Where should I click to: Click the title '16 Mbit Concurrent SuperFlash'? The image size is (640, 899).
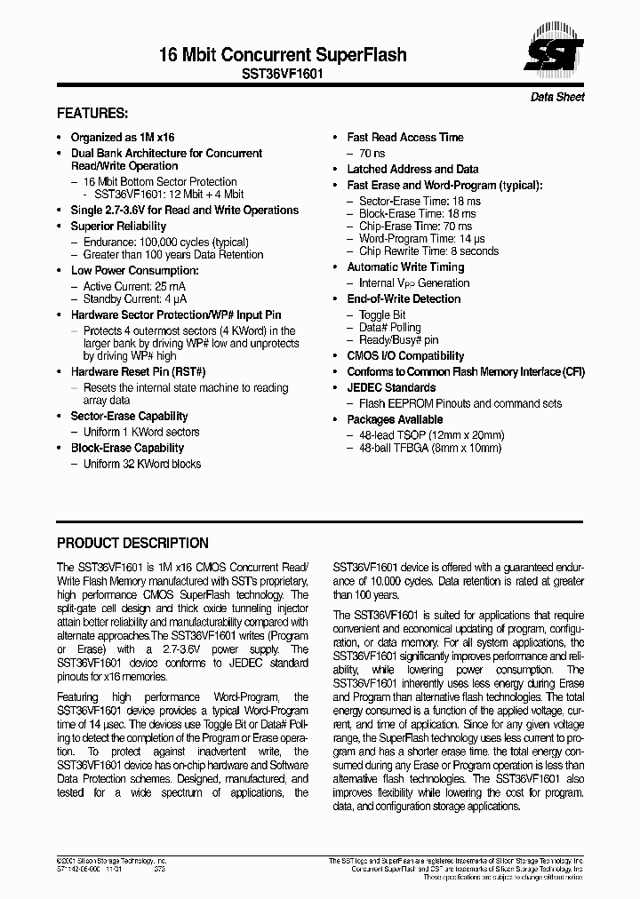click(283, 55)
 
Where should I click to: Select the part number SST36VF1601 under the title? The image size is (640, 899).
click(283, 76)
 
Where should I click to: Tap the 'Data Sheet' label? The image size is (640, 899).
click(557, 97)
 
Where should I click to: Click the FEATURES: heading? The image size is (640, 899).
click(92, 115)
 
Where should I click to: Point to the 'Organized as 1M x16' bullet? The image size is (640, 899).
click(123, 138)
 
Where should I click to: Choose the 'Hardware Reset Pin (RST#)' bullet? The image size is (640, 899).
click(138, 372)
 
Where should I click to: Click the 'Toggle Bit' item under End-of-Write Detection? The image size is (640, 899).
click(382, 315)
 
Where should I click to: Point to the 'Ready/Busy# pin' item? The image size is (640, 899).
click(398, 340)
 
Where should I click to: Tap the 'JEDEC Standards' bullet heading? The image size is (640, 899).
click(391, 388)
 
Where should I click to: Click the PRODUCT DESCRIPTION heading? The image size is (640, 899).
click(132, 543)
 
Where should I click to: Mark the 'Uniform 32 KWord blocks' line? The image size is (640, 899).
click(142, 464)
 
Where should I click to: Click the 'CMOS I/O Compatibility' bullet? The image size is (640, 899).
click(405, 356)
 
